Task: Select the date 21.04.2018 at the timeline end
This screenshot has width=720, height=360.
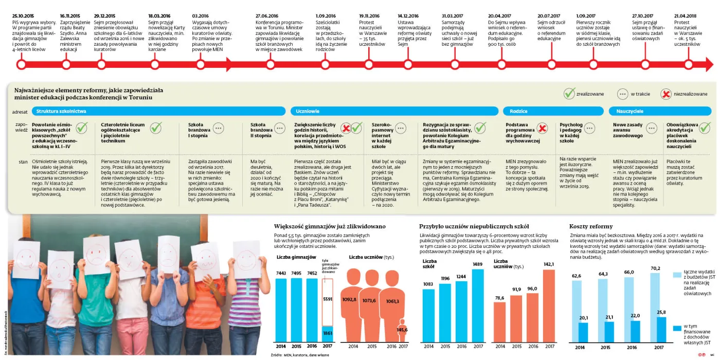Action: [x=686, y=16]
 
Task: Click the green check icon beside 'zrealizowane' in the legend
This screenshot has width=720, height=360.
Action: [x=569, y=94]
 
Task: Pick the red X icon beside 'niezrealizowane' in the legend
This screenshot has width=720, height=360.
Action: [x=666, y=94]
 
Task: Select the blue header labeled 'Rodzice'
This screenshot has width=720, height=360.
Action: [x=518, y=111]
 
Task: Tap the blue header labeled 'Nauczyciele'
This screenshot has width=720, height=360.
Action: [x=626, y=111]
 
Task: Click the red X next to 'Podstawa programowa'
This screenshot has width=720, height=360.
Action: [x=542, y=128]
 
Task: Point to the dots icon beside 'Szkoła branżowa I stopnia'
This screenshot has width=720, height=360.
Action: [x=218, y=128]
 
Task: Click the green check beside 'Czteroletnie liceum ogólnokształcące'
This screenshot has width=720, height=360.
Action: [x=156, y=127]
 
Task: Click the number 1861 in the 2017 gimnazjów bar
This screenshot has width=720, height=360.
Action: [x=327, y=334]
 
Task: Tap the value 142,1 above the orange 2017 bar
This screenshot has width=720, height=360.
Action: [x=549, y=264]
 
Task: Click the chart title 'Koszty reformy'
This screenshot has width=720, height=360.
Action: [x=591, y=226]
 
